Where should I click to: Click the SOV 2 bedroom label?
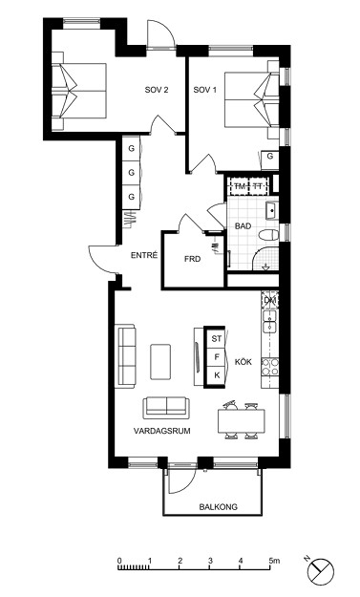pyautogui.click(x=157, y=90)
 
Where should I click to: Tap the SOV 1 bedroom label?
pyautogui.click(x=204, y=90)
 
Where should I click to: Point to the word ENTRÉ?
pyautogui.click(x=144, y=255)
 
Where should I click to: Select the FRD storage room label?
pyautogui.click(x=192, y=259)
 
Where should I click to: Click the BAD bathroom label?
pyautogui.click(x=243, y=226)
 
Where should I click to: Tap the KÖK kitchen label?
pyautogui.click(x=244, y=362)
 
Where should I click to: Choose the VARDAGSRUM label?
pyautogui.click(x=161, y=431)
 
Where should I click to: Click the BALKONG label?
pyautogui.click(x=218, y=507)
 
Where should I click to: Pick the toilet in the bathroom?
pyautogui.click(x=268, y=235)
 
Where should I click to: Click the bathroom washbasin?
pyautogui.click(x=272, y=211)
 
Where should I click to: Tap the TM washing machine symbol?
pyautogui.click(x=240, y=186)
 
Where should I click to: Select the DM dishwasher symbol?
pyautogui.click(x=270, y=300)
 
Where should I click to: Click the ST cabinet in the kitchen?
pyautogui.click(x=216, y=338)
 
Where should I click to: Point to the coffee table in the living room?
pyautogui.click(x=160, y=362)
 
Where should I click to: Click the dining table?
pyautogui.click(x=242, y=420)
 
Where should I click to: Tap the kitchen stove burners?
pyautogui.click(x=270, y=367)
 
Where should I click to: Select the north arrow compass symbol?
pyautogui.click(x=321, y=571)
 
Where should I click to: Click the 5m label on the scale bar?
pyautogui.click(x=274, y=560)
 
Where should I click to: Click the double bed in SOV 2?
pyautogui.click(x=79, y=91)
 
